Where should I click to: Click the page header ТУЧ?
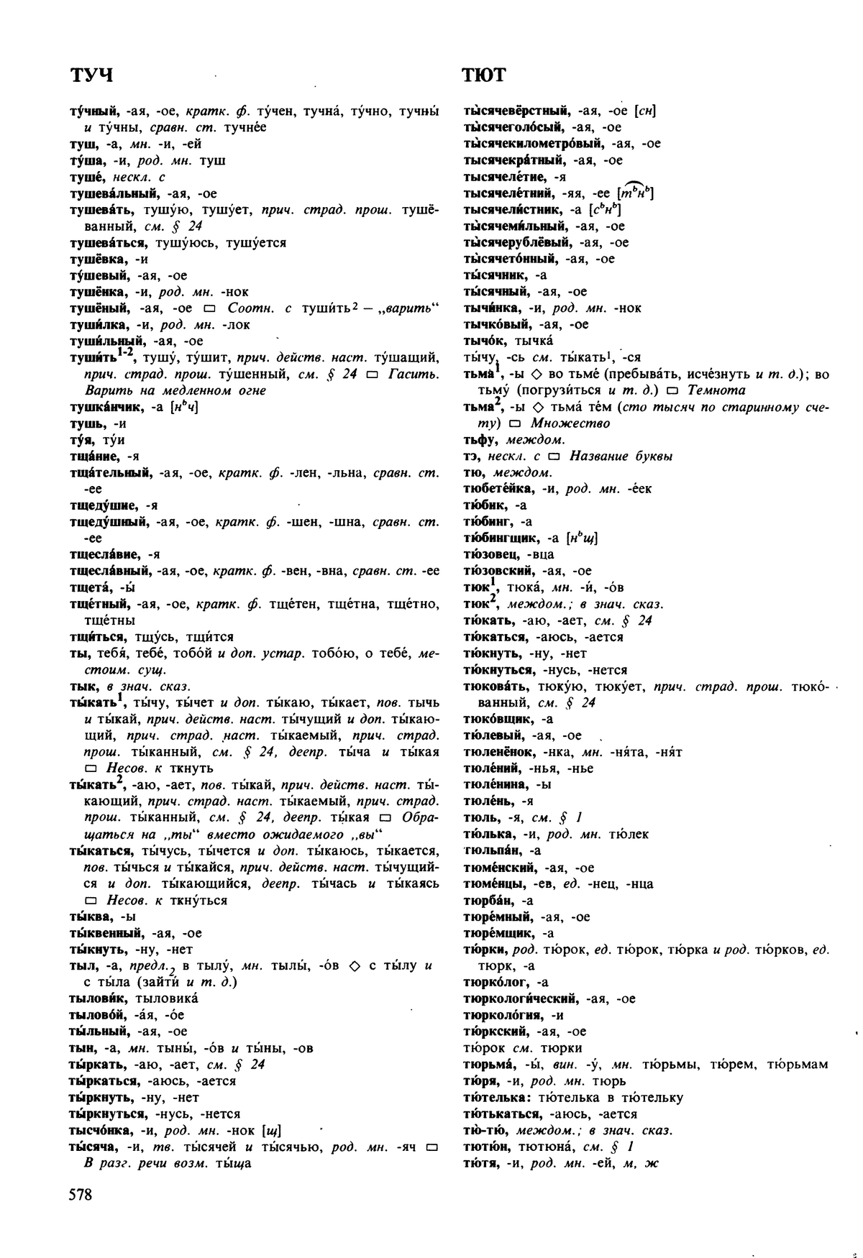coord(91,75)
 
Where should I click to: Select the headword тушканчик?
coord(106,408)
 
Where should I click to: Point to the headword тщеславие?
coord(104,554)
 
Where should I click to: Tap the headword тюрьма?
coord(487,1065)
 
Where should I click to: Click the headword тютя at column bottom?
coord(478,1163)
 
